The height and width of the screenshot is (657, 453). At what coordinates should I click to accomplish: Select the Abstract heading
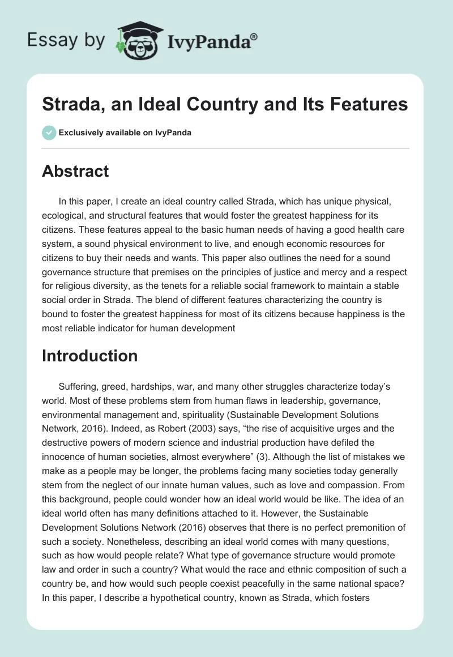click(75, 171)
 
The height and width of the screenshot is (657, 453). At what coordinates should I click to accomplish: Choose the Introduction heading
click(89, 356)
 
